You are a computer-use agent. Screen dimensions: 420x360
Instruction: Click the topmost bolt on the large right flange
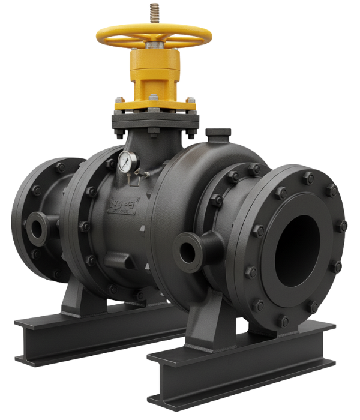pos(308,178)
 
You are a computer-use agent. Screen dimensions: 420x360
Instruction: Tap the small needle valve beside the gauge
pos(139,173)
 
